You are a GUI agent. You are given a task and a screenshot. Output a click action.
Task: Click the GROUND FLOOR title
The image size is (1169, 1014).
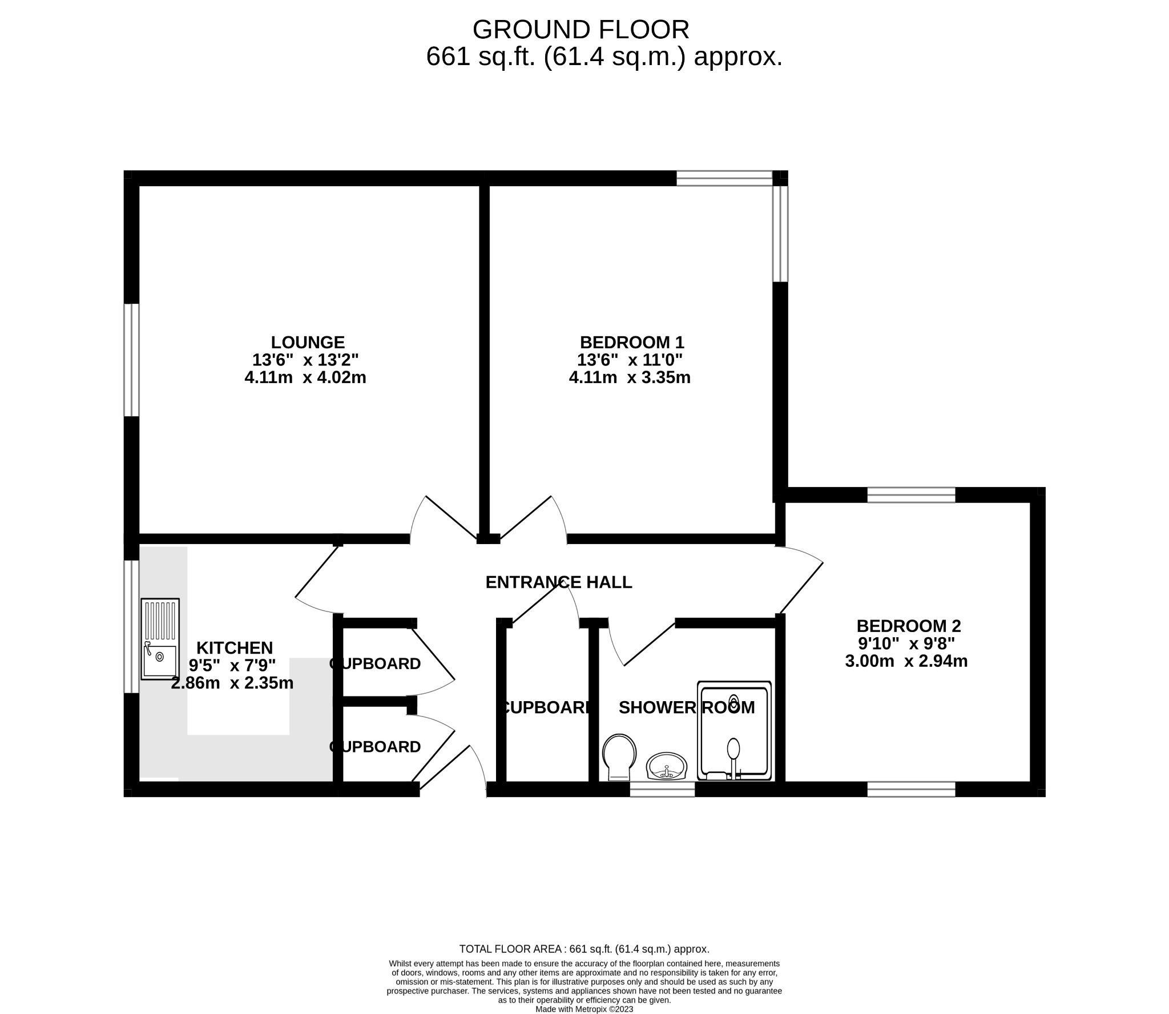click(581, 30)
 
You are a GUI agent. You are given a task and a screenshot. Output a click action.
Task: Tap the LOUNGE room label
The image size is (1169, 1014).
click(308, 342)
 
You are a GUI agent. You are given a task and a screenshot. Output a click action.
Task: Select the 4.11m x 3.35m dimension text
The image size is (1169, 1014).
click(630, 377)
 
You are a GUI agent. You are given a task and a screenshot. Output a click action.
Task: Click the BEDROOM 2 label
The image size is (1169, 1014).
click(909, 626)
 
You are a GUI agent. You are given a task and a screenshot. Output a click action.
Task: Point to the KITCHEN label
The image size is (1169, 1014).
click(235, 647)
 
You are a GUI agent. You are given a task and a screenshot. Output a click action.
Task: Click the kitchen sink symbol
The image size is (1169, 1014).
click(160, 639)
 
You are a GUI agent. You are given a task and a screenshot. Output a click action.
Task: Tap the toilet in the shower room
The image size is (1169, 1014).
click(619, 757)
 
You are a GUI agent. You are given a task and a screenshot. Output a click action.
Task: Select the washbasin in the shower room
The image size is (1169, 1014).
click(666, 766)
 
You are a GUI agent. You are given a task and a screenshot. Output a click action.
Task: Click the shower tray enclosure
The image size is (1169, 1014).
click(734, 730)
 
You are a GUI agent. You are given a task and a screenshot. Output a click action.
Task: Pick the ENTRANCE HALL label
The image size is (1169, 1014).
click(558, 582)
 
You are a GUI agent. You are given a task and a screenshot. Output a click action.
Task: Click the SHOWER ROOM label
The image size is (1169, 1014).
click(687, 707)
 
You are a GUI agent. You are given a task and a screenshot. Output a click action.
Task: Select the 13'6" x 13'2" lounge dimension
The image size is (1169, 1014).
click(305, 360)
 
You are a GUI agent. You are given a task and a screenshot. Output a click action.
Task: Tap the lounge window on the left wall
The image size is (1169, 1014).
click(131, 360)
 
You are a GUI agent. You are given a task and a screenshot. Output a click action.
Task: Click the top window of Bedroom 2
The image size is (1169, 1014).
click(911, 494)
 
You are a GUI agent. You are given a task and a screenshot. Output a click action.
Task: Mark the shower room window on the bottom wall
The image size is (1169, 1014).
click(662, 789)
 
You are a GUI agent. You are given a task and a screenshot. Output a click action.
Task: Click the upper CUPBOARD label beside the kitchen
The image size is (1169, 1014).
click(375, 663)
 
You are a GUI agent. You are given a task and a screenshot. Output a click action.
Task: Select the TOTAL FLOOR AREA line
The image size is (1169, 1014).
click(584, 949)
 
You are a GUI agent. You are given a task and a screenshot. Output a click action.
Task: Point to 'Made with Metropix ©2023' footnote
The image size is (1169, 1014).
click(584, 1009)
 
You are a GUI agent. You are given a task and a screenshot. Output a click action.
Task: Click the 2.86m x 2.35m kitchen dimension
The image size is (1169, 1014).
click(232, 682)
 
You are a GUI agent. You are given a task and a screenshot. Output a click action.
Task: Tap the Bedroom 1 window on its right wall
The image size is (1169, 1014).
click(780, 234)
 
